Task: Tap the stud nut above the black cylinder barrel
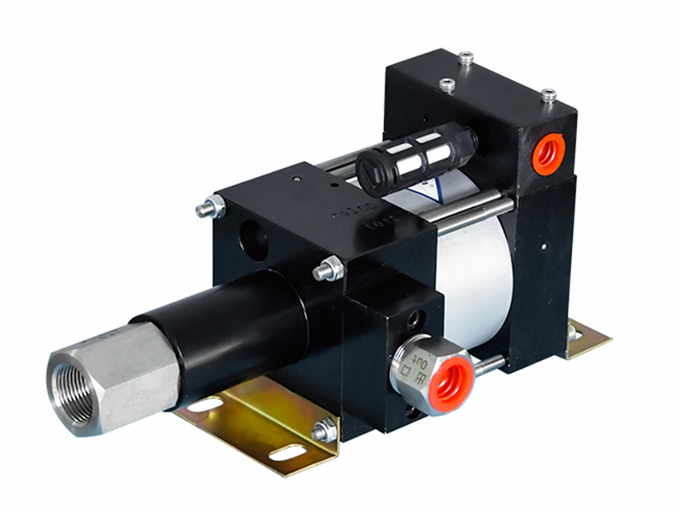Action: point(329,270)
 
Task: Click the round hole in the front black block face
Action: point(254,238)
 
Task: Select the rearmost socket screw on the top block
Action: point(465,58)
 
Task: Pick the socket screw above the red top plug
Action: point(548,95)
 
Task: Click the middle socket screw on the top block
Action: point(447,84)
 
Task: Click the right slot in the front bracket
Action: point(286,451)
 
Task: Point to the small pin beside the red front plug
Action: point(489,365)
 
